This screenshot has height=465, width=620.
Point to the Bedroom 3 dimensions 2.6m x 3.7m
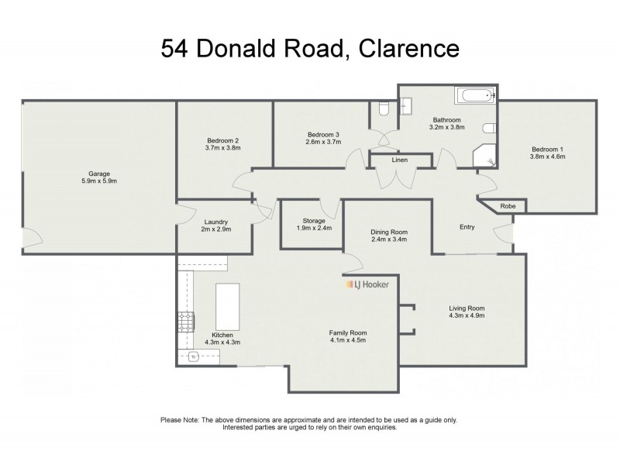323,143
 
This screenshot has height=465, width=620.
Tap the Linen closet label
400,160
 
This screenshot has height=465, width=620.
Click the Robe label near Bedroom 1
508,206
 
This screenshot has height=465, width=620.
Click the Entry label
467,227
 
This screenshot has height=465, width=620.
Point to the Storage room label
310,220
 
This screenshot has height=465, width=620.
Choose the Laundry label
215,222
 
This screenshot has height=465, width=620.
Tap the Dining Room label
388,232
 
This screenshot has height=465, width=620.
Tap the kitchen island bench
226,307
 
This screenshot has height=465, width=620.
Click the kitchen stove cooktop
186,320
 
